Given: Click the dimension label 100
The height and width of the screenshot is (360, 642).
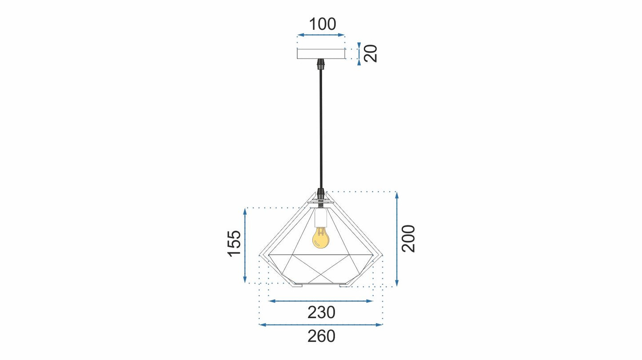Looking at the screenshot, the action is click(323, 24).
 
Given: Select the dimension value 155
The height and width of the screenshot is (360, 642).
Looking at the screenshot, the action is click(234, 244).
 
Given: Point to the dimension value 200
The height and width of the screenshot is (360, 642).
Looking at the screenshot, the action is click(408, 239).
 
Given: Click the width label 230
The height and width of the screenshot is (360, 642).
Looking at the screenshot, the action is click(321, 312).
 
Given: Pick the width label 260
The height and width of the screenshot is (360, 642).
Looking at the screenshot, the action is click(321, 336).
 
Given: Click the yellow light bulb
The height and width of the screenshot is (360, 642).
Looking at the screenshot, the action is click(321, 238).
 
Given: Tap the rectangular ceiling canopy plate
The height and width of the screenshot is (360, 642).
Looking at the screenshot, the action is click(321, 54).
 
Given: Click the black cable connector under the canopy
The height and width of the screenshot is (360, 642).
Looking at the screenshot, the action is click(321, 64).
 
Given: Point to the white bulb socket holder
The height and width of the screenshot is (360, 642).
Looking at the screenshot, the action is click(320, 218).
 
